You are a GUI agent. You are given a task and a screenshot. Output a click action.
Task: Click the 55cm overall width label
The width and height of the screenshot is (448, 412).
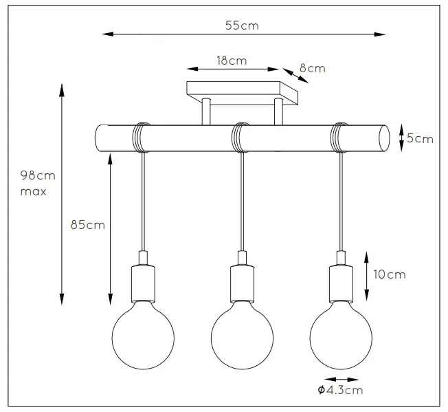pyautogui.click(x=241, y=25)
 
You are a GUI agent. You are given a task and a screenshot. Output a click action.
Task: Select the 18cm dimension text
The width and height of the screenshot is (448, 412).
pyautogui.click(x=232, y=61)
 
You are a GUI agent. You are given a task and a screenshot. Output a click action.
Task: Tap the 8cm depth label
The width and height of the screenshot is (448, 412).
pyautogui.click(x=312, y=69)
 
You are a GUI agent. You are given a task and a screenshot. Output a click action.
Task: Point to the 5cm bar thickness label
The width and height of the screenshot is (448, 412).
pyautogui.click(x=420, y=138)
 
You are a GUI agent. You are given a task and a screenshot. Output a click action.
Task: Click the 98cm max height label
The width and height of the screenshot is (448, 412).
pyautogui.click(x=34, y=183)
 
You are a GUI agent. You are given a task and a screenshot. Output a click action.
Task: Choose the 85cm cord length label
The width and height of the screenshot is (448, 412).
pyautogui.click(x=87, y=225)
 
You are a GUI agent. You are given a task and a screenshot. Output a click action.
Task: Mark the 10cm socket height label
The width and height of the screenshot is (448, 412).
pyautogui.click(x=388, y=274)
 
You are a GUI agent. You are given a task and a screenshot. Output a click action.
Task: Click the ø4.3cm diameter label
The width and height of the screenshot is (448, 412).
pyautogui.click(x=339, y=391)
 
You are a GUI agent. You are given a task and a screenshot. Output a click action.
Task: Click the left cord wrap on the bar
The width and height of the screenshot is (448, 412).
pyautogui.click(x=141, y=136)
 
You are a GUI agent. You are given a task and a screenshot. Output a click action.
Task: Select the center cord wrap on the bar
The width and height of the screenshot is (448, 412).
pyautogui.click(x=240, y=136)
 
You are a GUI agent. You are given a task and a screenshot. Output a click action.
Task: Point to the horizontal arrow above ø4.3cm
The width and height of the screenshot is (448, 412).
pyautogui.click(x=341, y=379)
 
